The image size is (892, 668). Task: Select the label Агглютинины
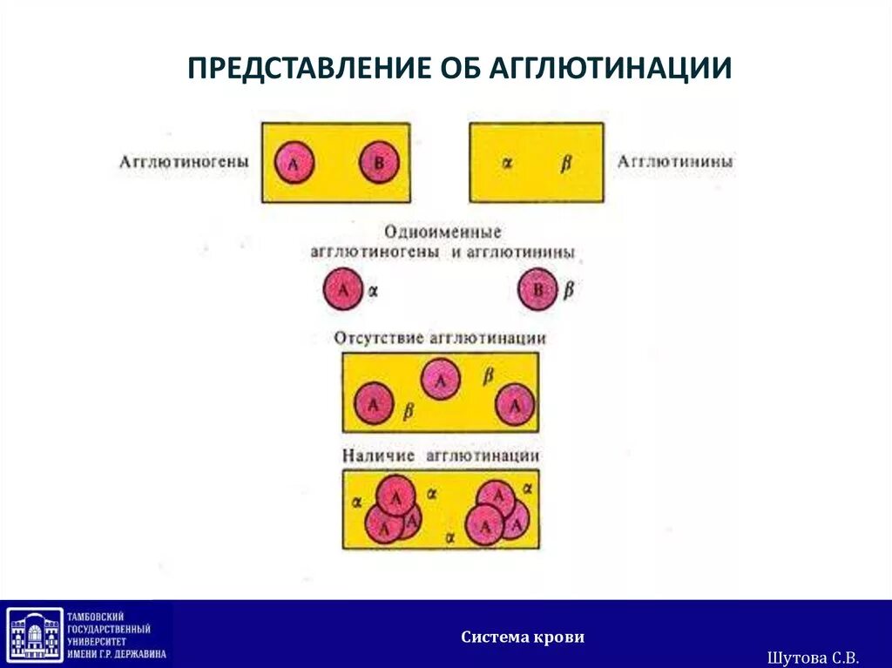(674, 162)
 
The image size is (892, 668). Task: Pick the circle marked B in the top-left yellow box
(378, 163)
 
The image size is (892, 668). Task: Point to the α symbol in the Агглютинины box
(506, 163)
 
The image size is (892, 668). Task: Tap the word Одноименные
(443, 233)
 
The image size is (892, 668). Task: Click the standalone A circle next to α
(342, 290)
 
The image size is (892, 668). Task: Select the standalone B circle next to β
(537, 290)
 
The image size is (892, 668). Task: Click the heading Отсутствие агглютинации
(440, 337)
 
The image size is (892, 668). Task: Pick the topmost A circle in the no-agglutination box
(441, 380)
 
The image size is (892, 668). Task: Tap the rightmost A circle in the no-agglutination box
(515, 405)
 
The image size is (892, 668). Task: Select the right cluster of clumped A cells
(497, 511)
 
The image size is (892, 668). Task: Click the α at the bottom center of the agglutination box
(450, 538)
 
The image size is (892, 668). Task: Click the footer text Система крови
(523, 638)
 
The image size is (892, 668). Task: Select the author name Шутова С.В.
(814, 656)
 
